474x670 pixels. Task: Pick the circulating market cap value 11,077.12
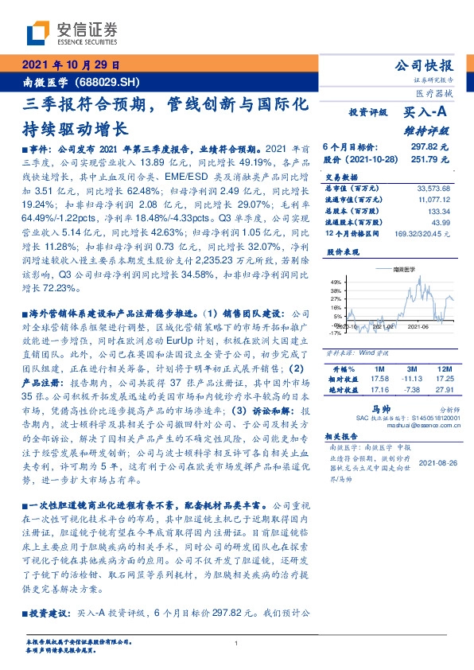tap(434, 199)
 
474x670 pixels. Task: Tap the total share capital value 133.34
tap(438, 210)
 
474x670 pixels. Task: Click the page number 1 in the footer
tap(236, 644)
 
